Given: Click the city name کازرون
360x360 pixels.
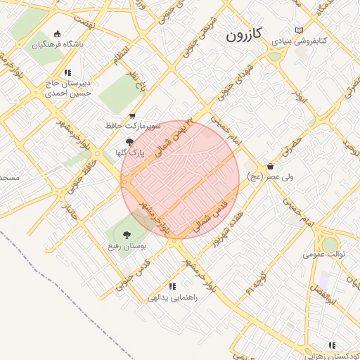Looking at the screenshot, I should pyautogui.click(x=245, y=34).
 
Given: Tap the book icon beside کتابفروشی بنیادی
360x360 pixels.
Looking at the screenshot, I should pyautogui.click(x=300, y=30).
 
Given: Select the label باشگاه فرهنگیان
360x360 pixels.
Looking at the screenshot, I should pyautogui.click(x=58, y=44).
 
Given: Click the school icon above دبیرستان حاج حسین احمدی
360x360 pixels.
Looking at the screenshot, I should pyautogui.click(x=67, y=72).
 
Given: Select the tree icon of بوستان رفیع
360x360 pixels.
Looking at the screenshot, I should pyautogui.click(x=127, y=236).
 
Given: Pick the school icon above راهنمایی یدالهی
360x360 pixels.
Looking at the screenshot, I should pyautogui.click(x=172, y=286).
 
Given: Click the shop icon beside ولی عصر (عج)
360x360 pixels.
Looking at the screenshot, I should pyautogui.click(x=271, y=167).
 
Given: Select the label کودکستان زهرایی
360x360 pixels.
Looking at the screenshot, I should pyautogui.click(x=335, y=356).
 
